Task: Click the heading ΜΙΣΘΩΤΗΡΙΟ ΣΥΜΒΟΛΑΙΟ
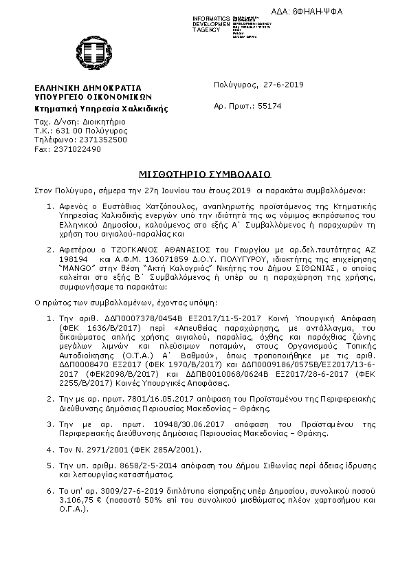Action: point(204,172)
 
